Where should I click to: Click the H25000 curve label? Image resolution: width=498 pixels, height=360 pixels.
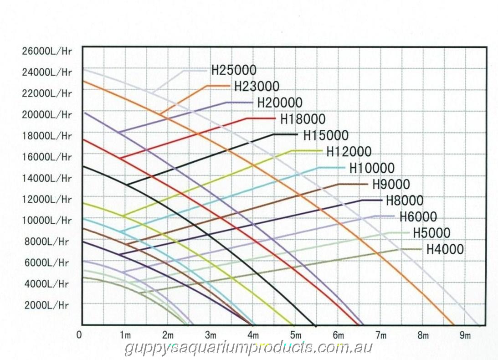pyautogui.click(x=234, y=70)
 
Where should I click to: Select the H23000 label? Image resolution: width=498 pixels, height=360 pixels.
pyautogui.click(x=257, y=86)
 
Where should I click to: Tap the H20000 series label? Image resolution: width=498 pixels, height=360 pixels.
pyautogui.click(x=280, y=103)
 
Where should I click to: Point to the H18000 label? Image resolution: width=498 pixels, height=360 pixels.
pyautogui.click(x=303, y=119)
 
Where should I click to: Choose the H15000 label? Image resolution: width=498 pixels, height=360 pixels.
pyautogui.click(x=325, y=135)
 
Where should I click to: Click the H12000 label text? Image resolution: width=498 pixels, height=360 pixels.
pyautogui.click(x=349, y=151)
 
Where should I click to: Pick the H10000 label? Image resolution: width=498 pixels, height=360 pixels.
pyautogui.click(x=372, y=168)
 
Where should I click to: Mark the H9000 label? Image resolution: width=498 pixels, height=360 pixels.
pyautogui.click(x=391, y=184)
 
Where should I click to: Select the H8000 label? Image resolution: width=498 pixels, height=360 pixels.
pyautogui.click(x=405, y=200)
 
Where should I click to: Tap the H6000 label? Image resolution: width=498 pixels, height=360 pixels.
pyautogui.click(x=418, y=216)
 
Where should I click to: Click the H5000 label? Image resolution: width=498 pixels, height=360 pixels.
pyautogui.click(x=431, y=233)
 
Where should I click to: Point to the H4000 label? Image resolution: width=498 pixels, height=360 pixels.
pyautogui.click(x=445, y=249)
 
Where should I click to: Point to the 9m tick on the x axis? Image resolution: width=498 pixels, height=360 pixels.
pyautogui.click(x=465, y=336)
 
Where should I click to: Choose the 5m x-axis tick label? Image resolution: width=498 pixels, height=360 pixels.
pyautogui.click(x=296, y=336)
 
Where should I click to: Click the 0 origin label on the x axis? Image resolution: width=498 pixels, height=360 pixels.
pyautogui.click(x=80, y=335)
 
